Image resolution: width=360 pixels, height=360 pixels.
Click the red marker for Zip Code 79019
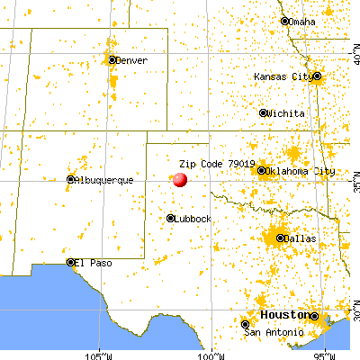click(x=179, y=179)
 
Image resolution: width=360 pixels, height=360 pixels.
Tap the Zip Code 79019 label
click(x=217, y=164)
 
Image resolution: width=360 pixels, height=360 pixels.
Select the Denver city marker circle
click(x=112, y=60)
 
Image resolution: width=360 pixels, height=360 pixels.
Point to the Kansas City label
click(x=283, y=76)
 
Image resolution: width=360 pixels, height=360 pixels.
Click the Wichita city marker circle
click(x=264, y=113)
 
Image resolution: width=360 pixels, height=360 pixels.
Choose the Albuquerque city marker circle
click(x=70, y=180)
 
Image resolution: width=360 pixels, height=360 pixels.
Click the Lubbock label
click(x=194, y=219)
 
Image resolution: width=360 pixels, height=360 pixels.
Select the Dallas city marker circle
click(x=279, y=238)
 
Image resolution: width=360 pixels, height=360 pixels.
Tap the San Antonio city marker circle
click(x=246, y=324)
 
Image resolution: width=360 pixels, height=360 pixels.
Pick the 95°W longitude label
click(x=324, y=355)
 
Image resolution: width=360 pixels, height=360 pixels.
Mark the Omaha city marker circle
click(x=285, y=22)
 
